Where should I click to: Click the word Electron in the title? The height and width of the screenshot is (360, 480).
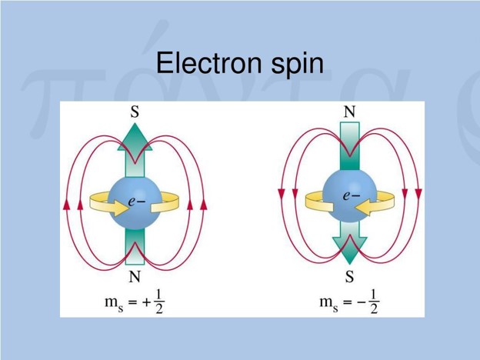coord(209,63)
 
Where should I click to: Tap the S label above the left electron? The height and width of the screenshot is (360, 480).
coord(135,112)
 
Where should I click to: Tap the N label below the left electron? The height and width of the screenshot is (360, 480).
coord(135,277)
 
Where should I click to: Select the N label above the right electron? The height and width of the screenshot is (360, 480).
coord(349,112)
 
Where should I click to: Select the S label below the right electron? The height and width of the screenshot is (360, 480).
coord(349,277)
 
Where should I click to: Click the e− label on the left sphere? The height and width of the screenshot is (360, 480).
coord(137,201)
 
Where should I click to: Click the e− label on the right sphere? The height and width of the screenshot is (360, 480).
coord(352,195)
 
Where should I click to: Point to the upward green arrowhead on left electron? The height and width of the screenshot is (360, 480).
coord(135,137)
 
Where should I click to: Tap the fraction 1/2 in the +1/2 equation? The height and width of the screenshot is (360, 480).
coord(159,302)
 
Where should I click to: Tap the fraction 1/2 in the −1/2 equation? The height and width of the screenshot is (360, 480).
coord(374,302)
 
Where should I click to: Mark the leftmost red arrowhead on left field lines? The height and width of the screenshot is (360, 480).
coord(66,205)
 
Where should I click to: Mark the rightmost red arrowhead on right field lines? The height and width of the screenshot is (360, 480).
coord(418,194)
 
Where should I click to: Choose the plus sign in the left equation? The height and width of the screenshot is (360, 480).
coord(147,302)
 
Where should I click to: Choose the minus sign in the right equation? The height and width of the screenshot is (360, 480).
coord(362,302)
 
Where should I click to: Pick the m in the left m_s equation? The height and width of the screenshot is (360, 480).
coord(111,302)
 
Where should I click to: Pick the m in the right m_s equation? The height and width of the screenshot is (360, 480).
coord(326,302)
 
